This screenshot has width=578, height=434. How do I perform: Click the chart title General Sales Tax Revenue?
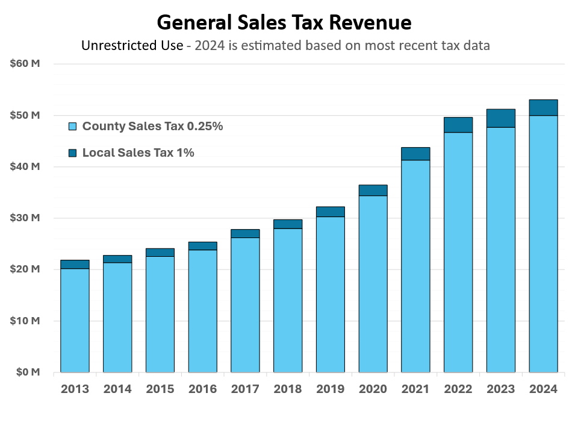(284, 23)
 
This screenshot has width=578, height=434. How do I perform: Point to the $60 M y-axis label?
(25, 63)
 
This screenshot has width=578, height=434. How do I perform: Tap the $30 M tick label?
(25, 218)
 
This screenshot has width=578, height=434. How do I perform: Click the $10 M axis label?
(25, 321)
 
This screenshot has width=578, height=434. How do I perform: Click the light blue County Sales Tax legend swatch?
(73, 127)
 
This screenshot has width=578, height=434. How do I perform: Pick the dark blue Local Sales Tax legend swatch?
(73, 153)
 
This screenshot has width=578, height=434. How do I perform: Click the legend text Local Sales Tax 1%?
(138, 153)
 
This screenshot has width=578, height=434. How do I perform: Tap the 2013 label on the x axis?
(75, 389)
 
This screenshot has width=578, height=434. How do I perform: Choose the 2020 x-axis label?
(373, 389)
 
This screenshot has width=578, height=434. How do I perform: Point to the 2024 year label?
(543, 389)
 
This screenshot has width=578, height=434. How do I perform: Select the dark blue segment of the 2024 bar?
(543, 107)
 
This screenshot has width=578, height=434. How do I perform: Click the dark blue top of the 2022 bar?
(458, 125)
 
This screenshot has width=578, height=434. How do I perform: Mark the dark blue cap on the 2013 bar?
(75, 264)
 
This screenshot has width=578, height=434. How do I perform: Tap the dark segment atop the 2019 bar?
(331, 212)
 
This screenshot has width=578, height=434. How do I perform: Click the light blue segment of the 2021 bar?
(415, 265)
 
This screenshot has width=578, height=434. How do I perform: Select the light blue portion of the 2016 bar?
(202, 310)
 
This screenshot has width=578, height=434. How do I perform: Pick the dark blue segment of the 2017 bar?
(245, 233)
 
